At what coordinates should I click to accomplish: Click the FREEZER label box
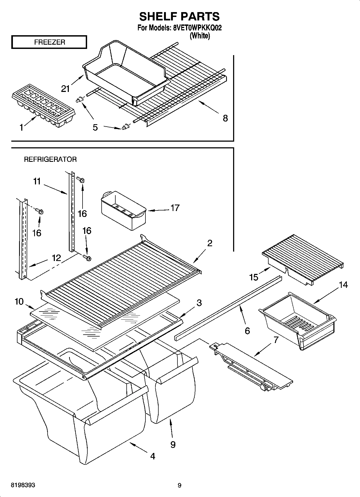pyautogui.click(x=49, y=42)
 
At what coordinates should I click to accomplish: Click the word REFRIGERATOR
pyautogui.click(x=50, y=159)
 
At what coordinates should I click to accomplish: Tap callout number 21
pyautogui.click(x=66, y=88)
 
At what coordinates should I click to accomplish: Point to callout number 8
pyautogui.click(x=225, y=118)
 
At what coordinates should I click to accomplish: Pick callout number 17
pyautogui.click(x=175, y=208)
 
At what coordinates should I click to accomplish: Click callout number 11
pyautogui.click(x=37, y=181)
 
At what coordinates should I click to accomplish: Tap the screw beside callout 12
pyautogui.click(x=87, y=258)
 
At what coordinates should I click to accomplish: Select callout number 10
pyautogui.click(x=19, y=302)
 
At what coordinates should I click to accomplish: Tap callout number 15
pyautogui.click(x=254, y=277)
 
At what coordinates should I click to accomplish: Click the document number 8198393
pyautogui.click(x=23, y=485)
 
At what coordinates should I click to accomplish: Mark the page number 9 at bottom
pyautogui.click(x=180, y=485)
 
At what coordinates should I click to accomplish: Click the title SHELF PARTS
pyautogui.click(x=179, y=17)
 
